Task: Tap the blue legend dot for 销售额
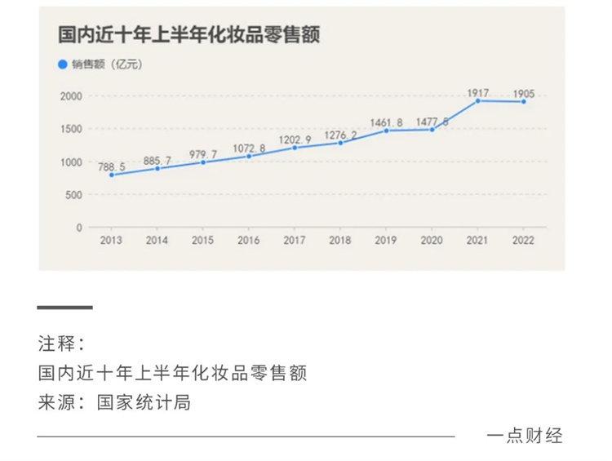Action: (x=61, y=64)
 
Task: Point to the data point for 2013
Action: (x=111, y=175)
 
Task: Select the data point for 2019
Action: (x=386, y=131)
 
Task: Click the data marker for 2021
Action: (x=477, y=100)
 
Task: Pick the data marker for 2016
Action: (x=249, y=156)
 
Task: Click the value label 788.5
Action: (x=111, y=167)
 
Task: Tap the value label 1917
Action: (x=478, y=93)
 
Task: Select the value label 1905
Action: (x=523, y=93)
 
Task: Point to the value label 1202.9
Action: (x=295, y=140)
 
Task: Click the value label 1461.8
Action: (x=387, y=123)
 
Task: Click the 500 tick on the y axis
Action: (x=73, y=195)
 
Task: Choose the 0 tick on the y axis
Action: (x=79, y=228)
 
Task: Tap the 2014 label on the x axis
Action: (x=157, y=241)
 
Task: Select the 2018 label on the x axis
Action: (x=340, y=241)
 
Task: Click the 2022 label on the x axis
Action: (x=523, y=241)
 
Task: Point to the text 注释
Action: (x=55, y=343)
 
